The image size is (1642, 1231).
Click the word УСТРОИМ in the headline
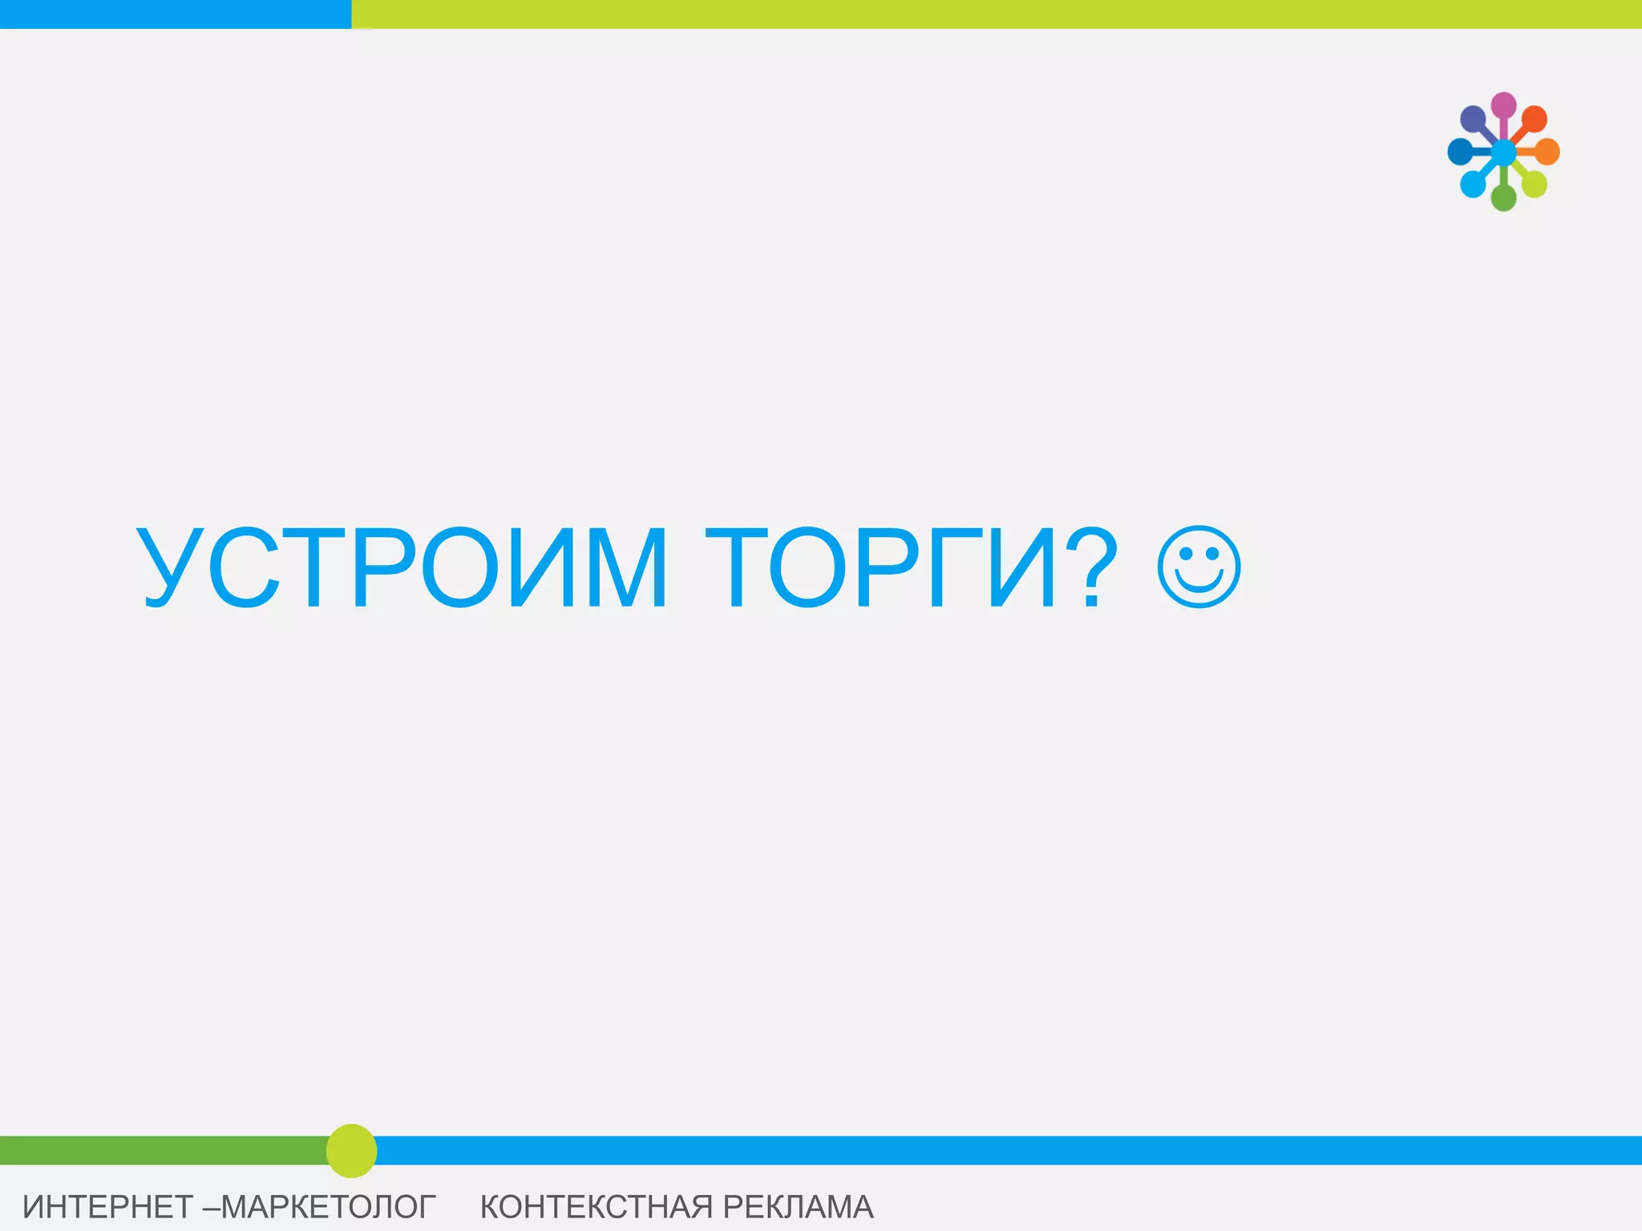pyautogui.click(x=401, y=567)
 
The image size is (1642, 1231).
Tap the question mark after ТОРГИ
pyautogui.click(x=1091, y=567)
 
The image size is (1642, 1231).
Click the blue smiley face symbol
pyautogui.click(x=1199, y=567)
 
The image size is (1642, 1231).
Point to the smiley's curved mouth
pyautogui.click(x=1199, y=585)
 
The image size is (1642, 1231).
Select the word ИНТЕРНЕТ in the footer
pyautogui.click(x=107, y=1207)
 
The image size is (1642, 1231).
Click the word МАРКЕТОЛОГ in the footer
pyautogui.click(x=328, y=1207)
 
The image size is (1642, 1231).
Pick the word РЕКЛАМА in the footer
pyautogui.click(x=798, y=1207)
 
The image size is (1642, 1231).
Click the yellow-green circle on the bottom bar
pyautogui.click(x=351, y=1151)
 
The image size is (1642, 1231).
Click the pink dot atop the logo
pyautogui.click(x=1503, y=105)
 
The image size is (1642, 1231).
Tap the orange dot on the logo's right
pyautogui.click(x=1547, y=151)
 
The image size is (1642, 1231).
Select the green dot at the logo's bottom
pyautogui.click(x=1503, y=197)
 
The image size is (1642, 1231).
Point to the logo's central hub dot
pyautogui.click(x=1503, y=151)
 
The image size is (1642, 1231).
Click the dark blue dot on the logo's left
pyautogui.click(x=1459, y=151)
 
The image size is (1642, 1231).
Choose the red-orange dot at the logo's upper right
pyautogui.click(x=1535, y=119)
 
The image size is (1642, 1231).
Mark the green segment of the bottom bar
pyautogui.click(x=160, y=1150)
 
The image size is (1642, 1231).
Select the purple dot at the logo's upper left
pyautogui.click(x=1473, y=119)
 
